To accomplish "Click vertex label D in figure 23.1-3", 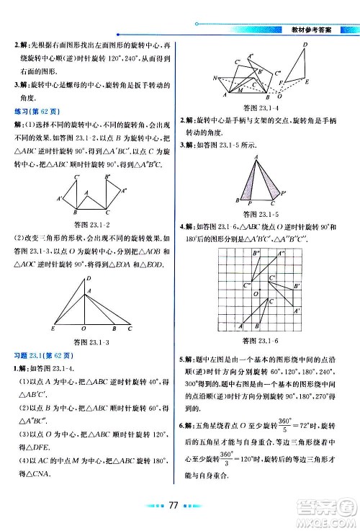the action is point(89,279).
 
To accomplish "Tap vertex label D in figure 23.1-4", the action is point(305,45).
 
